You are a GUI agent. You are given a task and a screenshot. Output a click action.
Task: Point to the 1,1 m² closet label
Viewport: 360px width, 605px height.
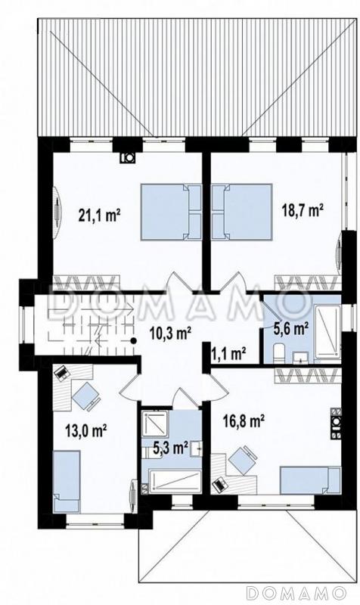pyautogui.click(x=229, y=353)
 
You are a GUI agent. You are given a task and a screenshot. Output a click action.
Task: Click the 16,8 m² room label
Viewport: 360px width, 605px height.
pyautogui.click(x=244, y=421)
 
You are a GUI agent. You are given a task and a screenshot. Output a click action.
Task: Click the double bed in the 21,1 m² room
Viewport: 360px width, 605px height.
pyautogui.click(x=172, y=212)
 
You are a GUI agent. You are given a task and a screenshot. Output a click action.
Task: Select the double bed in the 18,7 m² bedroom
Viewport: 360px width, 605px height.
pyautogui.click(x=242, y=212)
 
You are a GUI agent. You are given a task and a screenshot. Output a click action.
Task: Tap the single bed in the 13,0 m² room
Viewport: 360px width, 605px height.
pyautogui.click(x=67, y=481)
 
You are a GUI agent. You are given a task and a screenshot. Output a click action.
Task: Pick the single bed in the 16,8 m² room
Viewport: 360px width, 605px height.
pyautogui.click(x=311, y=480)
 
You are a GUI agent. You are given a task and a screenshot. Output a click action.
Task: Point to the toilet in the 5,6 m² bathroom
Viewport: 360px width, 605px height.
pyautogui.click(x=278, y=354)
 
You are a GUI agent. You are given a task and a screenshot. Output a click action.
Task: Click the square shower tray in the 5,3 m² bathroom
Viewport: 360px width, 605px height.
pyautogui.click(x=154, y=423)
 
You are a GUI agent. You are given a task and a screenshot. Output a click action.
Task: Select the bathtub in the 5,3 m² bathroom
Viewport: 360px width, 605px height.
pyautogui.click(x=175, y=481)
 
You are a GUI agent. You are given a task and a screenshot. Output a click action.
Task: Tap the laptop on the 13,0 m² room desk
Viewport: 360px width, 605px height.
pyautogui.click(x=61, y=373)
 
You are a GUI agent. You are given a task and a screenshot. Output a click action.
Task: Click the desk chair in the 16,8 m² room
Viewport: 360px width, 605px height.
pyautogui.click(x=242, y=460)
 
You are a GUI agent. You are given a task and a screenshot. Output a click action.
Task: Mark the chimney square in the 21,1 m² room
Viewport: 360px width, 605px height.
pyautogui.click(x=127, y=157)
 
